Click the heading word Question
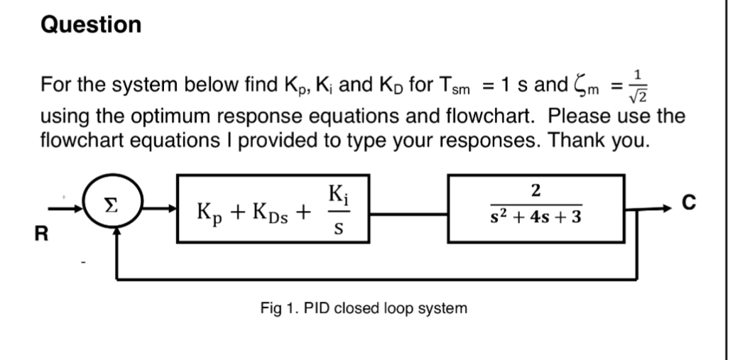[x=92, y=25]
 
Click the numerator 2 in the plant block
[x=536, y=191]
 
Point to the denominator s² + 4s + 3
[x=536, y=217]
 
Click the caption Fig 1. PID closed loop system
[x=364, y=308]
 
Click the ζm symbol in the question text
[x=589, y=88]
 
